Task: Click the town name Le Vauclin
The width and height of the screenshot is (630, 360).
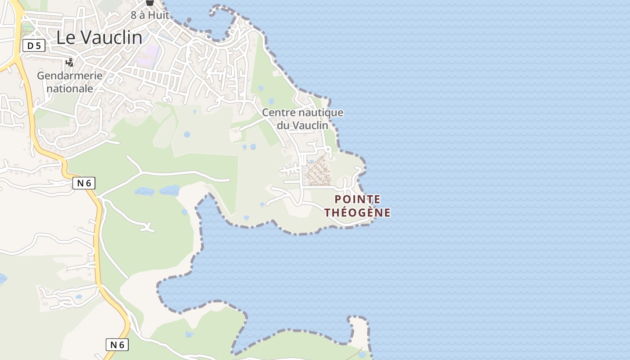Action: coord(99,38)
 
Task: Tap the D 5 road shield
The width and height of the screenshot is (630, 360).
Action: coord(34,45)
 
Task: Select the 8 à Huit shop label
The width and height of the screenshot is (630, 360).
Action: coord(150,15)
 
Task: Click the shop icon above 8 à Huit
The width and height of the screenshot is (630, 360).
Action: coord(150,3)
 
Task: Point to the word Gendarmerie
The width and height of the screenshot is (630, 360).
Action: coord(70,76)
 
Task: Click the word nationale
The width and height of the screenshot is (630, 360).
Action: coord(70,88)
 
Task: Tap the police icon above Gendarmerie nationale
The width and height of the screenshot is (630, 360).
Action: coord(70,62)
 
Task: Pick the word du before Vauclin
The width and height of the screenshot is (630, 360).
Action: coord(283,125)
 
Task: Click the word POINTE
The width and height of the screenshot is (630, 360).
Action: coord(358,199)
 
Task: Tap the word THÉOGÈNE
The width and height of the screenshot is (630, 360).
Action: coord(358,212)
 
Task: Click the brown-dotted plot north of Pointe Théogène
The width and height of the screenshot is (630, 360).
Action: coord(317,170)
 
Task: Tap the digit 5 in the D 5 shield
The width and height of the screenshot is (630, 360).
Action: coord(39,45)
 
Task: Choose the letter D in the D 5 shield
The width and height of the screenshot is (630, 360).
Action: coord(30,45)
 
